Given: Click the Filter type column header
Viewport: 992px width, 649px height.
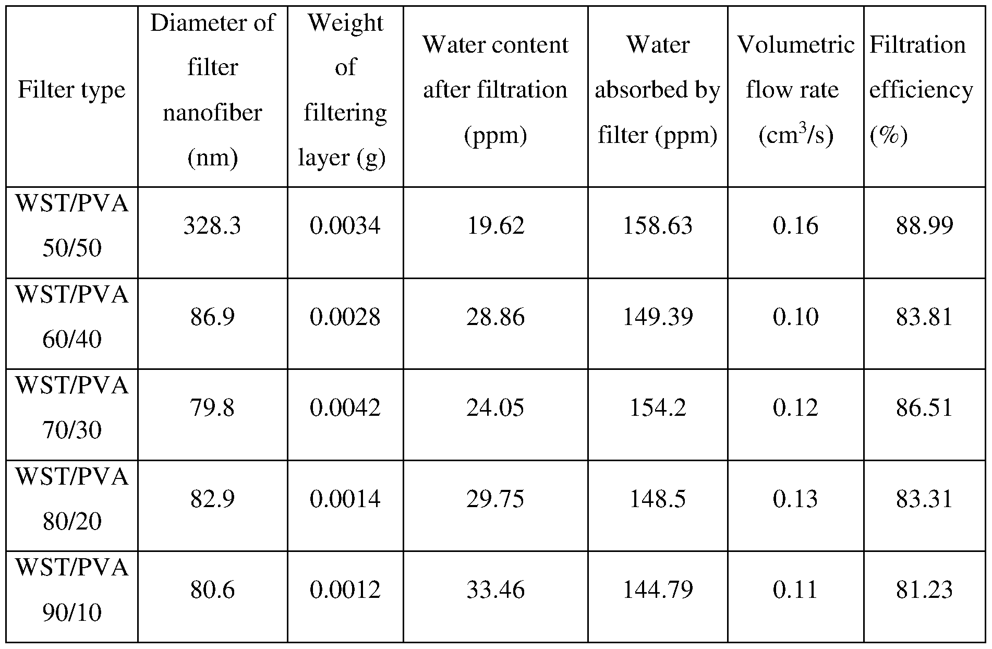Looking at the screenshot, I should [x=72, y=90].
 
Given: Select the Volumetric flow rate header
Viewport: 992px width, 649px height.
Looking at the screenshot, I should [x=795, y=90].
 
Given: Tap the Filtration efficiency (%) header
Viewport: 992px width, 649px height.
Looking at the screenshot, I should [x=921, y=90].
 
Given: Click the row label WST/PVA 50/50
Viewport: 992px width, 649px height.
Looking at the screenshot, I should [x=72, y=225].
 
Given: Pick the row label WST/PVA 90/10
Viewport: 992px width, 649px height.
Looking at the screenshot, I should [x=72, y=590].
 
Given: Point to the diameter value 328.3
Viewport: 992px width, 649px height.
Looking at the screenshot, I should [x=212, y=226].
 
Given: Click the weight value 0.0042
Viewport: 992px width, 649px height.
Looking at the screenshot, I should [x=345, y=408].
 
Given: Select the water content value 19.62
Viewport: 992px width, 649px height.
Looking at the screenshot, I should [x=495, y=226].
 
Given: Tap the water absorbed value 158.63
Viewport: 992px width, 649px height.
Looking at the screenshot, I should [x=658, y=226].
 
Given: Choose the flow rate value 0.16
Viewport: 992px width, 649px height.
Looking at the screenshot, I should [x=795, y=226].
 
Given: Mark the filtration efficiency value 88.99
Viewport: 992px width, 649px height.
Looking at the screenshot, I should [x=924, y=226].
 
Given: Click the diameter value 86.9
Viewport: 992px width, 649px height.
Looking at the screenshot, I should [x=212, y=317].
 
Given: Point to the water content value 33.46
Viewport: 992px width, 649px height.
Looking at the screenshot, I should [x=495, y=590].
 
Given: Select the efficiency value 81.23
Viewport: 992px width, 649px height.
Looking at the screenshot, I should [x=924, y=590].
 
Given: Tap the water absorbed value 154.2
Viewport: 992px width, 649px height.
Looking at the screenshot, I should [x=658, y=408].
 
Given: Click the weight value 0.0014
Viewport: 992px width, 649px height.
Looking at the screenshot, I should [x=345, y=499].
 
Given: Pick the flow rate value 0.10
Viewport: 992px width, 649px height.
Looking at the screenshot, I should [x=795, y=317].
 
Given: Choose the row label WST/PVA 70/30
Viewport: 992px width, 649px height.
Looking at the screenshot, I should [x=72, y=407].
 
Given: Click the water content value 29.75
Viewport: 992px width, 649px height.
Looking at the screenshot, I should [x=495, y=499].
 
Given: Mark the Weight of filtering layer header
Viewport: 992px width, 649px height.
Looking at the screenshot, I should [x=345, y=90].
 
